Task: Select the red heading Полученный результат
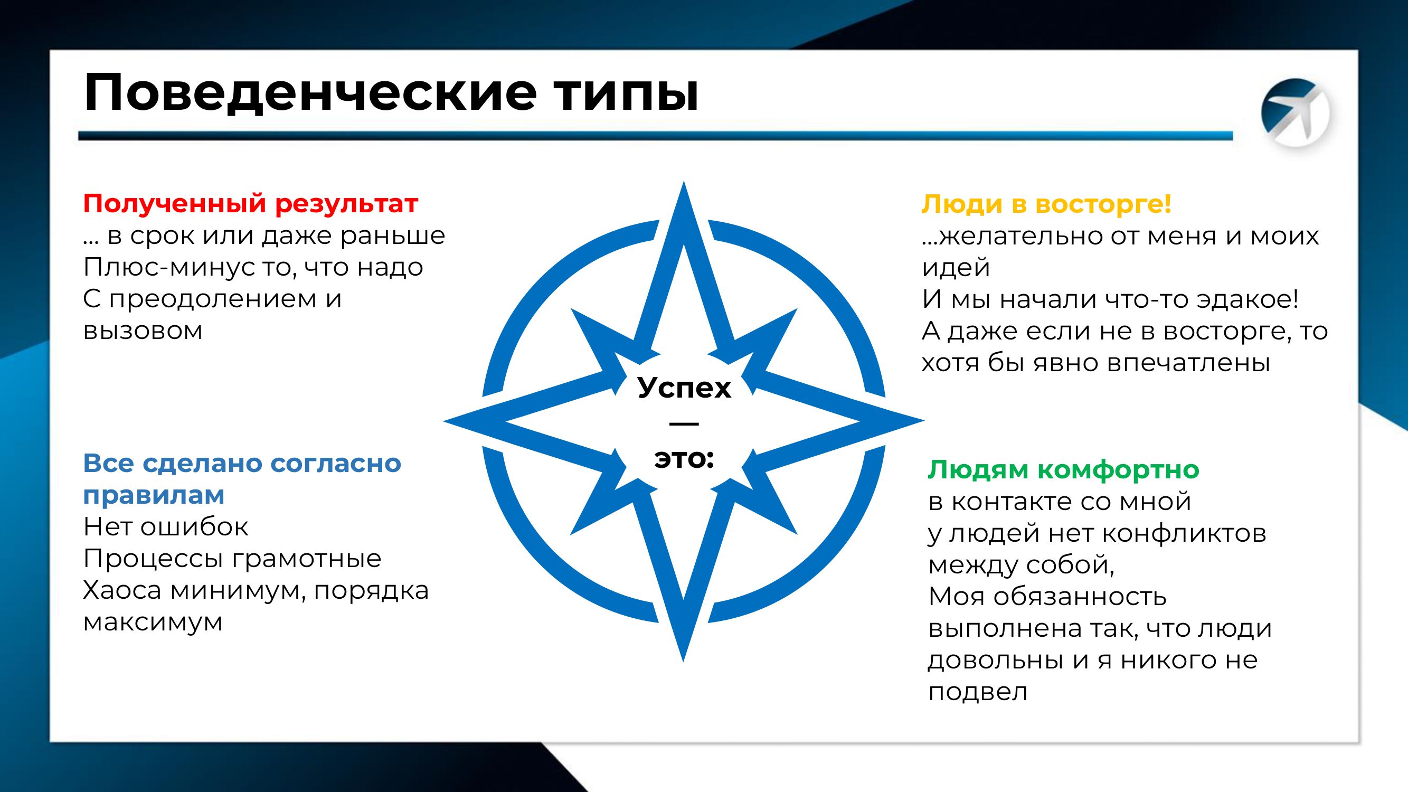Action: (250, 203)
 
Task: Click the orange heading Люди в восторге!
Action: (1046, 203)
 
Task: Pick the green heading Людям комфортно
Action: (1063, 469)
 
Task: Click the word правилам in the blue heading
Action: (154, 495)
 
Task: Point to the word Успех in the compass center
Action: (684, 388)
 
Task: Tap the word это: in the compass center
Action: (684, 459)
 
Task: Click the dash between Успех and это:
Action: (683, 423)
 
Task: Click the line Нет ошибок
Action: (166, 527)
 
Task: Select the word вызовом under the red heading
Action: (143, 331)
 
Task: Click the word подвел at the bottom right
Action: (977, 692)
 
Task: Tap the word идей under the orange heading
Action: (956, 267)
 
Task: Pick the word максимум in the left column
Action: (153, 622)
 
